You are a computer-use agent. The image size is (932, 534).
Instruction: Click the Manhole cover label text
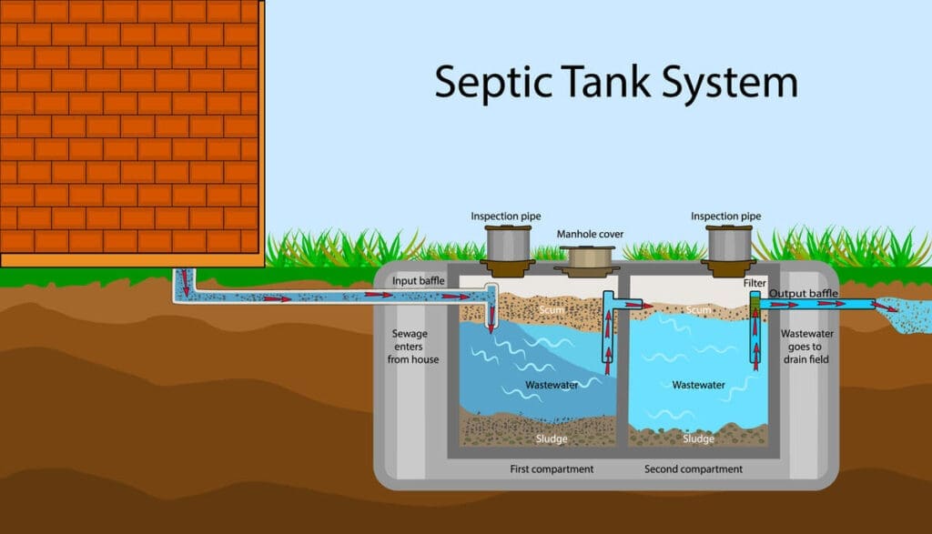[x=590, y=235]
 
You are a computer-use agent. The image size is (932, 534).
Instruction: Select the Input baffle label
[x=418, y=281]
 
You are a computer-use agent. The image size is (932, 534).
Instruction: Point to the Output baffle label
[x=804, y=294]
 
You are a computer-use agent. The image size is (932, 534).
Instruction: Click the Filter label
[x=755, y=284]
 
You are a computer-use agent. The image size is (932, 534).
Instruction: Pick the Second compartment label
[x=694, y=469]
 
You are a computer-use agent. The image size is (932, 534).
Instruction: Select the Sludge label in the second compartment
[x=698, y=439]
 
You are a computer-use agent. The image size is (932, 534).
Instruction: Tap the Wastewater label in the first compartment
[x=552, y=386]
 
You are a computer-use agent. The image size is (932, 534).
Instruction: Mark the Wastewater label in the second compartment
[x=698, y=386]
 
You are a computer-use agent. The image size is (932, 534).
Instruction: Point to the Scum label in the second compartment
[x=698, y=310]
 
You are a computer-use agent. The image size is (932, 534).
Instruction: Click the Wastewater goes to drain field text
[x=807, y=347]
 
